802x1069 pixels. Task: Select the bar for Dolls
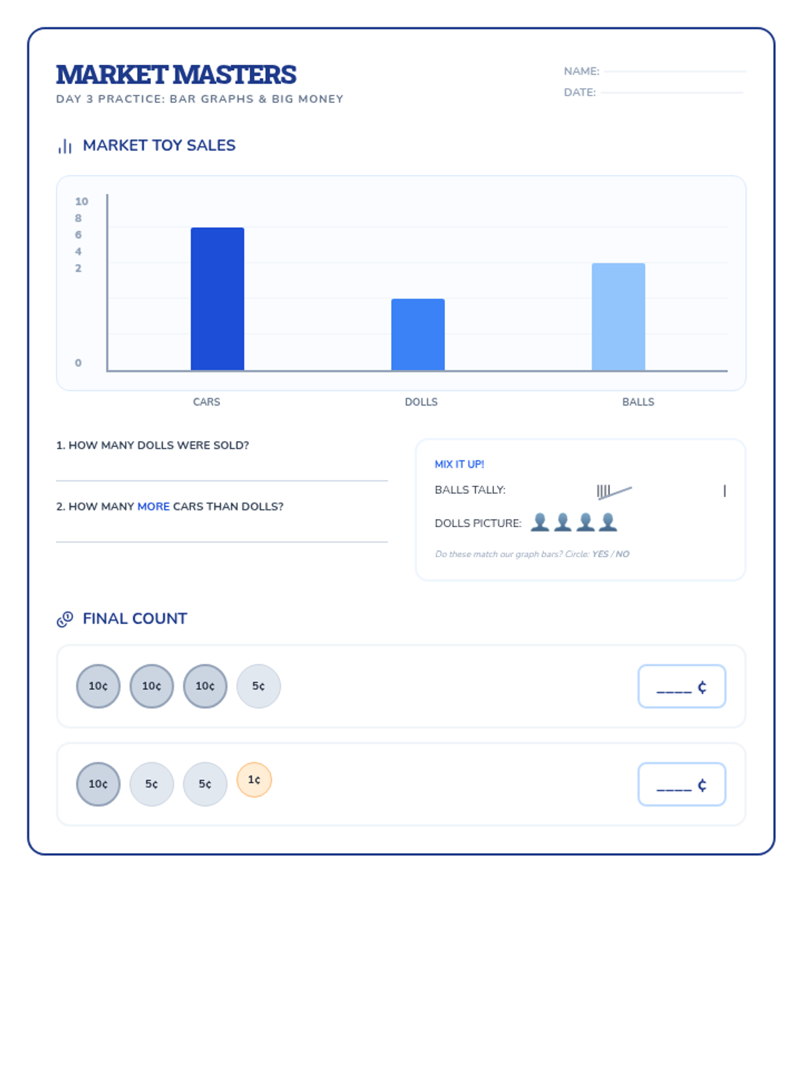418,334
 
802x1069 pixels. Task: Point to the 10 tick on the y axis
82,201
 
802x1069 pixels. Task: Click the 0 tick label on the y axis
78,363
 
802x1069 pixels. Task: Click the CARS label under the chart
207,402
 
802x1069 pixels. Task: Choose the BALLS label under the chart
638,402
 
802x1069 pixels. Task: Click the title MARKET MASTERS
176,75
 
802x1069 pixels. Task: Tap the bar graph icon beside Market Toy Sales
65,146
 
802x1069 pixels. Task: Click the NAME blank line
675,71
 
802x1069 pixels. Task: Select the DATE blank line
672,93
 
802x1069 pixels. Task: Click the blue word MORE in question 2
154,506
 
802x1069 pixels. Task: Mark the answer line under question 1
222,480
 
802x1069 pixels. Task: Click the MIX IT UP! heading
459,464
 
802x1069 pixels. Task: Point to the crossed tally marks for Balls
613,492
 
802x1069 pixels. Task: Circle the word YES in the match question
600,554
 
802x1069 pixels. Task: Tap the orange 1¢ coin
254,780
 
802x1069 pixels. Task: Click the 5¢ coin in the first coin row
259,686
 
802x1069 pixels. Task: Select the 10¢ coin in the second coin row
98,784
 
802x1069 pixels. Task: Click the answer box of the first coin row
682,686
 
